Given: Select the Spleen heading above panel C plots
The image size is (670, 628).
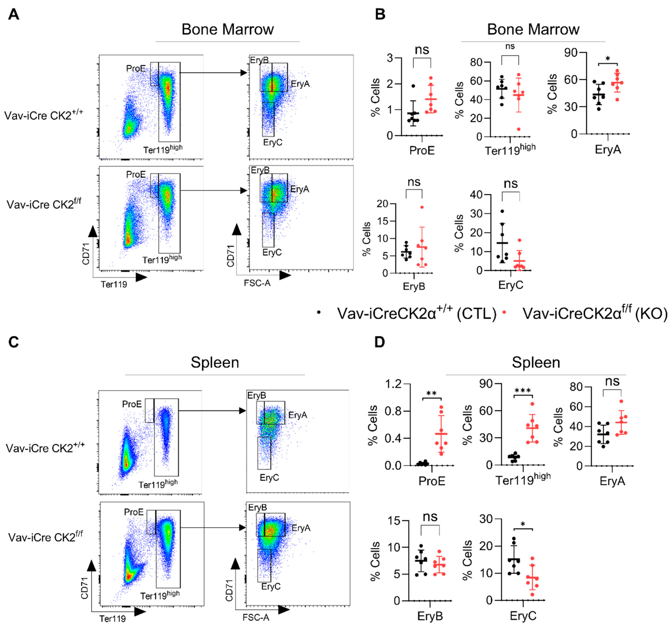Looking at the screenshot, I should pos(215,362).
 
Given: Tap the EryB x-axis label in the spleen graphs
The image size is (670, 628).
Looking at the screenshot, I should pos(430,616).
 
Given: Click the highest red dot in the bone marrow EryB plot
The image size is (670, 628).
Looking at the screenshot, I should pos(422,207).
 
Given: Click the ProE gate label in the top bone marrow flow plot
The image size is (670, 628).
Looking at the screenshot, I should pos(136,69).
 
